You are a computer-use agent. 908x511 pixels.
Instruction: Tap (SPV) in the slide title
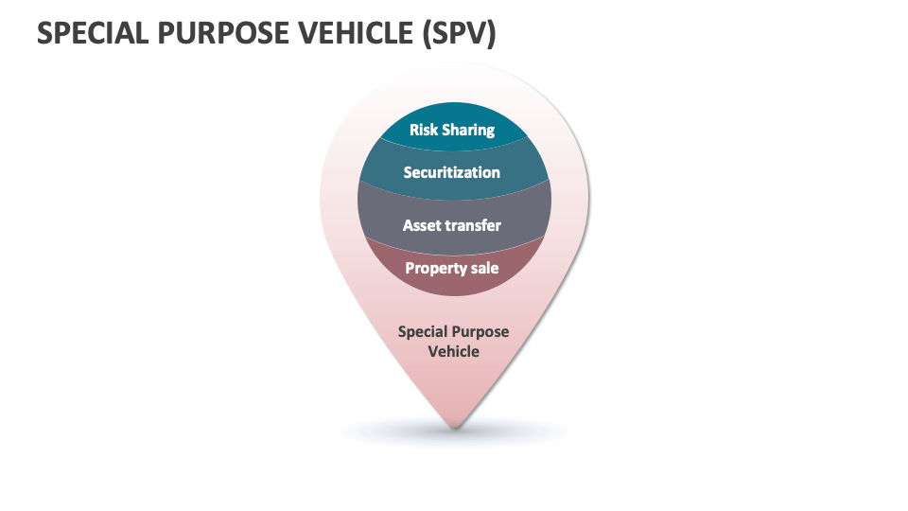459,33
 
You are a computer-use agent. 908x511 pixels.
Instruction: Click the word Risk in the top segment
424,130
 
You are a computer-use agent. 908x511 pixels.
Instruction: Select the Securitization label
451,172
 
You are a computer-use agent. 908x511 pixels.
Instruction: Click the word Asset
423,225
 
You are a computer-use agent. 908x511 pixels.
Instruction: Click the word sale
485,268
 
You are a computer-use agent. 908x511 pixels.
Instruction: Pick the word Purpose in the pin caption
482,332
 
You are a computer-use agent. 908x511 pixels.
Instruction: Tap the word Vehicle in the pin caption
454,351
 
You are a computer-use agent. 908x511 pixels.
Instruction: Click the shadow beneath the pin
530,433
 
